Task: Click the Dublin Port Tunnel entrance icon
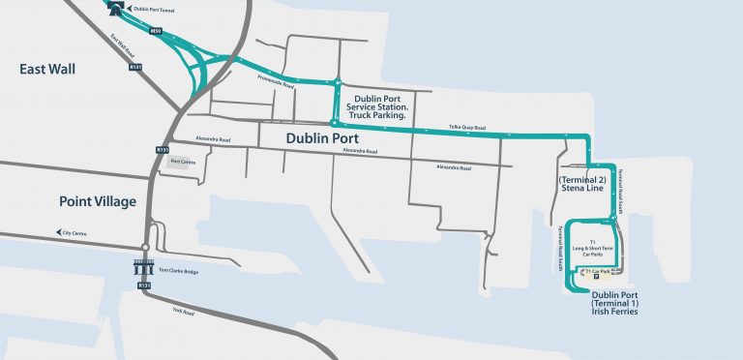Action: tap(117, 10)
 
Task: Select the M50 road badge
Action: tap(154, 31)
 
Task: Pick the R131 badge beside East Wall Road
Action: tap(135, 67)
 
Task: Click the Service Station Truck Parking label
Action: tap(385, 105)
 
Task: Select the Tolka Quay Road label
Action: tap(465, 127)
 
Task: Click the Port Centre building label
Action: tap(182, 162)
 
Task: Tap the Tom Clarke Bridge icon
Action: tap(144, 269)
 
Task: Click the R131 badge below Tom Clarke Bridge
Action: tap(144, 286)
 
